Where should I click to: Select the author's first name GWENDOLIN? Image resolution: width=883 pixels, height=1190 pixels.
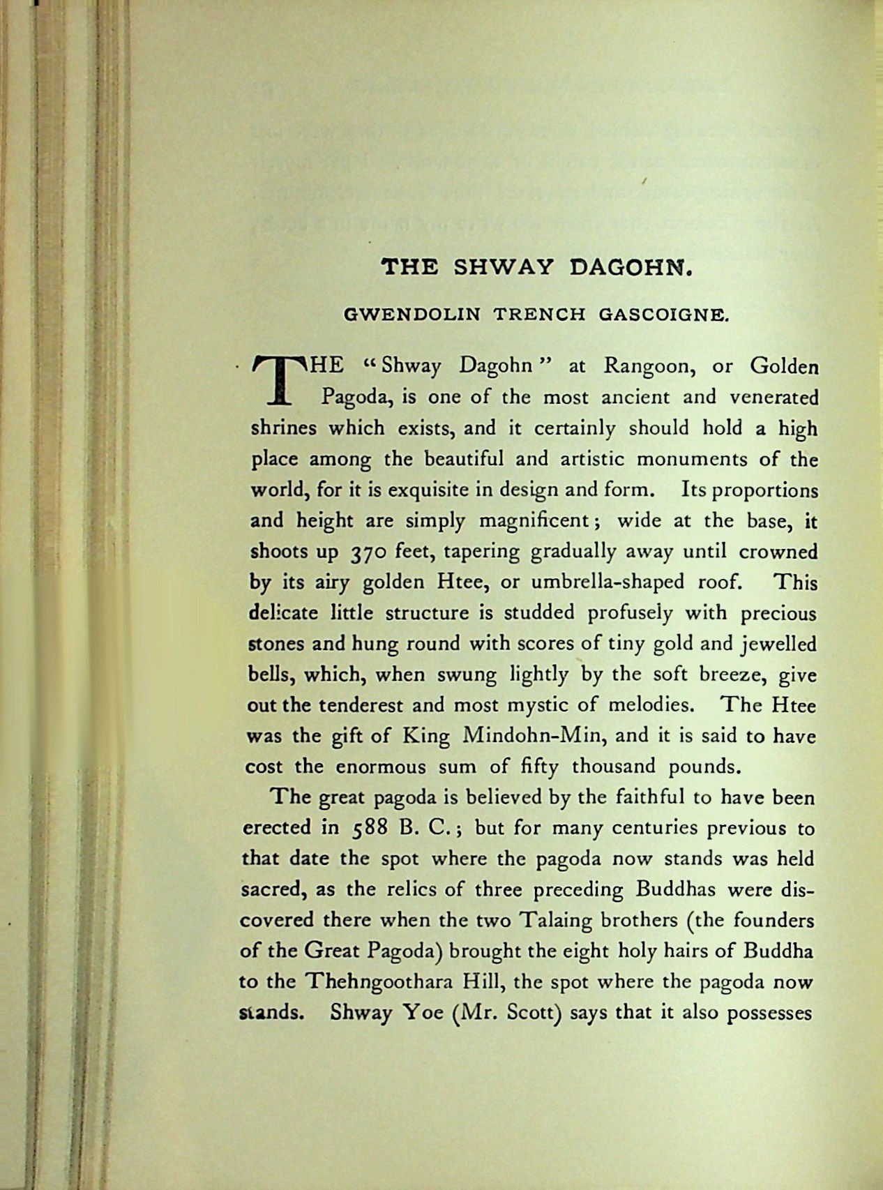(x=412, y=315)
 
